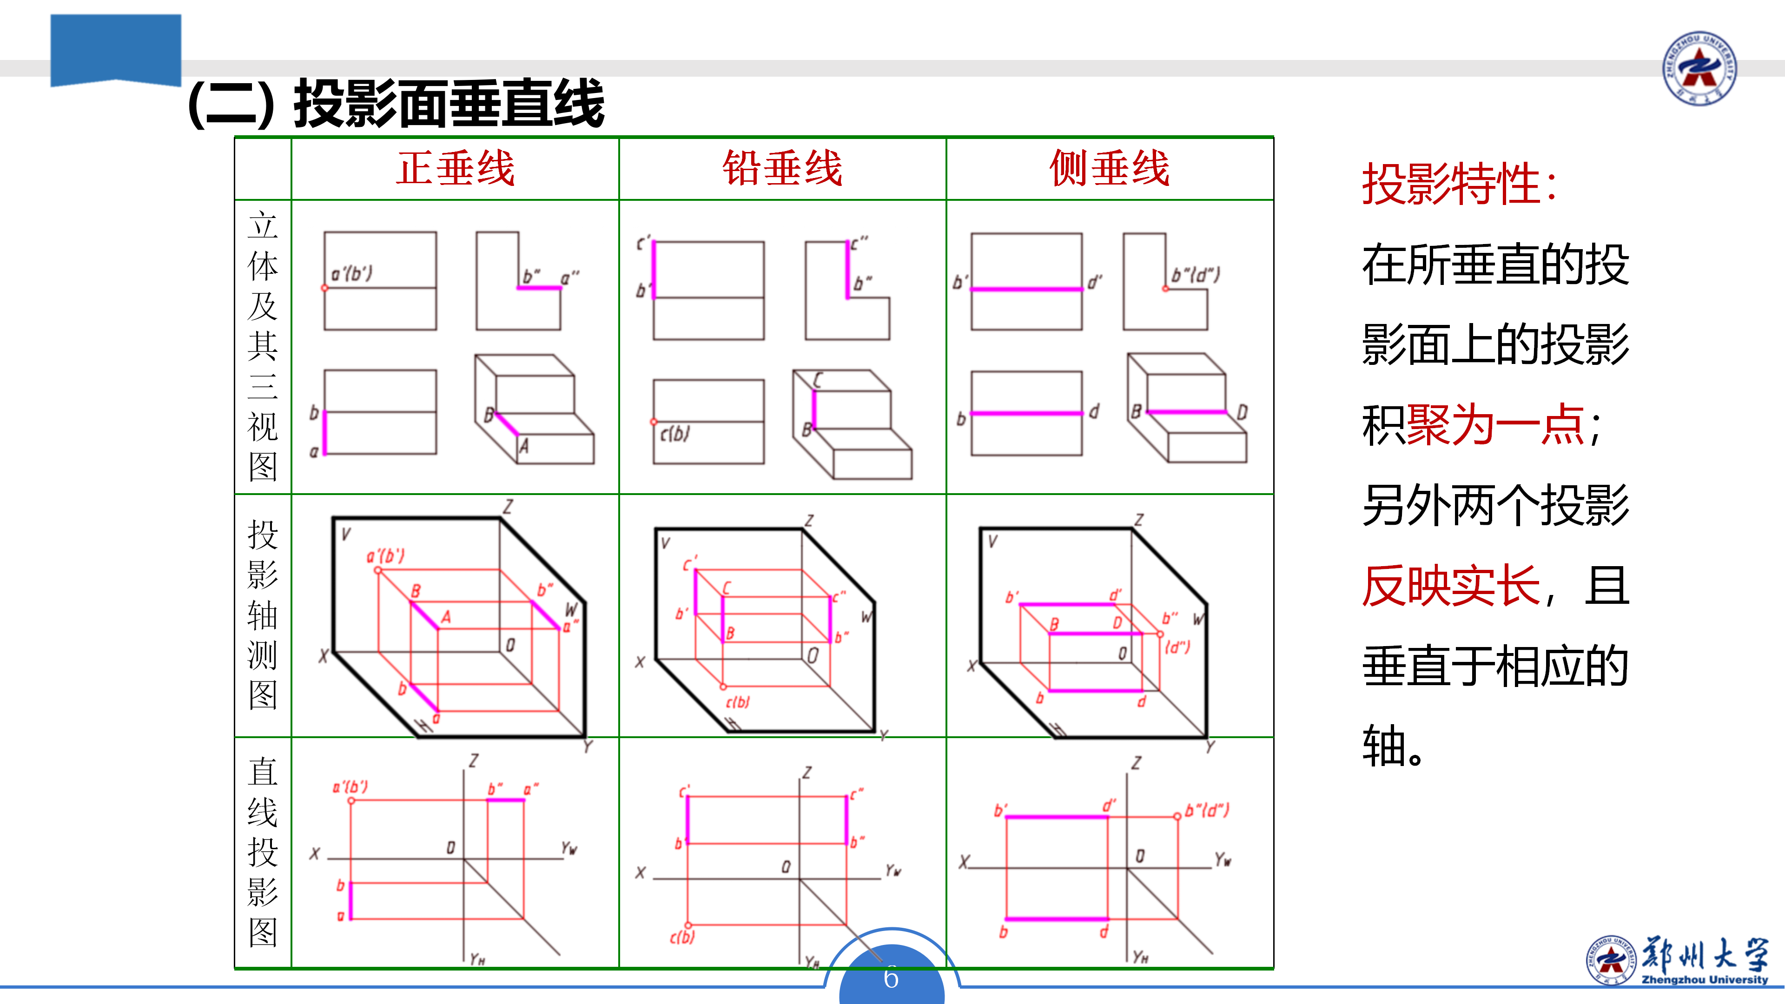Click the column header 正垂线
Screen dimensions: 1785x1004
pos(455,168)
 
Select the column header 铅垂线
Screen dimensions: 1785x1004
pos(782,168)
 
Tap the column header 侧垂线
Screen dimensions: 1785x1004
pos(1110,168)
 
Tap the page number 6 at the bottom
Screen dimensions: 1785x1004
pos(891,978)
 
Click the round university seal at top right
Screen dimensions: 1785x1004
pos(1699,68)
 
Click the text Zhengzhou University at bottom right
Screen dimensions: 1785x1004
pos(1705,980)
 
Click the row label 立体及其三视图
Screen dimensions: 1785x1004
pos(263,346)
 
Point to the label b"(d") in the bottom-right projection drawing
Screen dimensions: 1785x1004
pos(1206,809)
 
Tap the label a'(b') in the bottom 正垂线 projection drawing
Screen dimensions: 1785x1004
pos(350,787)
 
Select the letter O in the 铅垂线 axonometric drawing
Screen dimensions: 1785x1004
pos(813,655)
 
